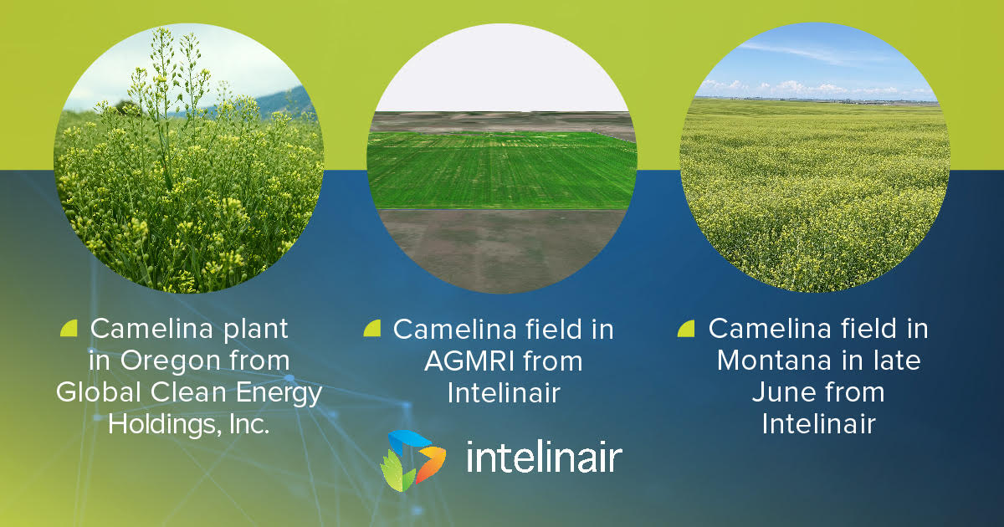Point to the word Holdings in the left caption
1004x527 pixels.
pos(162,424)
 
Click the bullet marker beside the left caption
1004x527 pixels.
pos(69,329)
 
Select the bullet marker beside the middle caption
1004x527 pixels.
pos(371,329)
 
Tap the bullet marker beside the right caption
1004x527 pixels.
pos(686,329)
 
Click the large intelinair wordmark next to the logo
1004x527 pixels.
pos(544,458)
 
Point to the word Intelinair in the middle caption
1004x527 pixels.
pos(503,392)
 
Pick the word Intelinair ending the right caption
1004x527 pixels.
pos(818,424)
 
